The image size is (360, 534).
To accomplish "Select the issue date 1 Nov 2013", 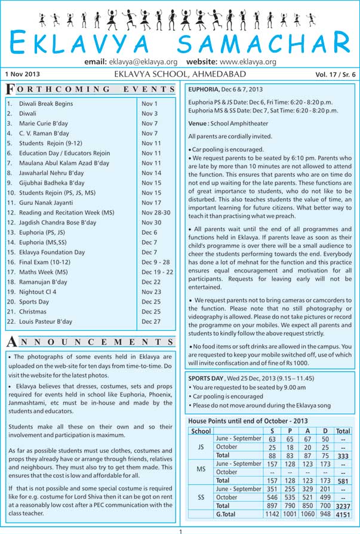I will point(21,74).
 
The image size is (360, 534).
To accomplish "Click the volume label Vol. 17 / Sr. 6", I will point(335,75).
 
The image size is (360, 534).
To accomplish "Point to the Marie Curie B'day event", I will point(44,124).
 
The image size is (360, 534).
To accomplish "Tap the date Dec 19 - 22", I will point(157,272).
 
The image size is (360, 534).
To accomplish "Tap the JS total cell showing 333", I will point(343,455).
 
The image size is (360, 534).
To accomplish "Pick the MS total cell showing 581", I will point(343,480).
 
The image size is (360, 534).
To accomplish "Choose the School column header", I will point(201,431).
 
